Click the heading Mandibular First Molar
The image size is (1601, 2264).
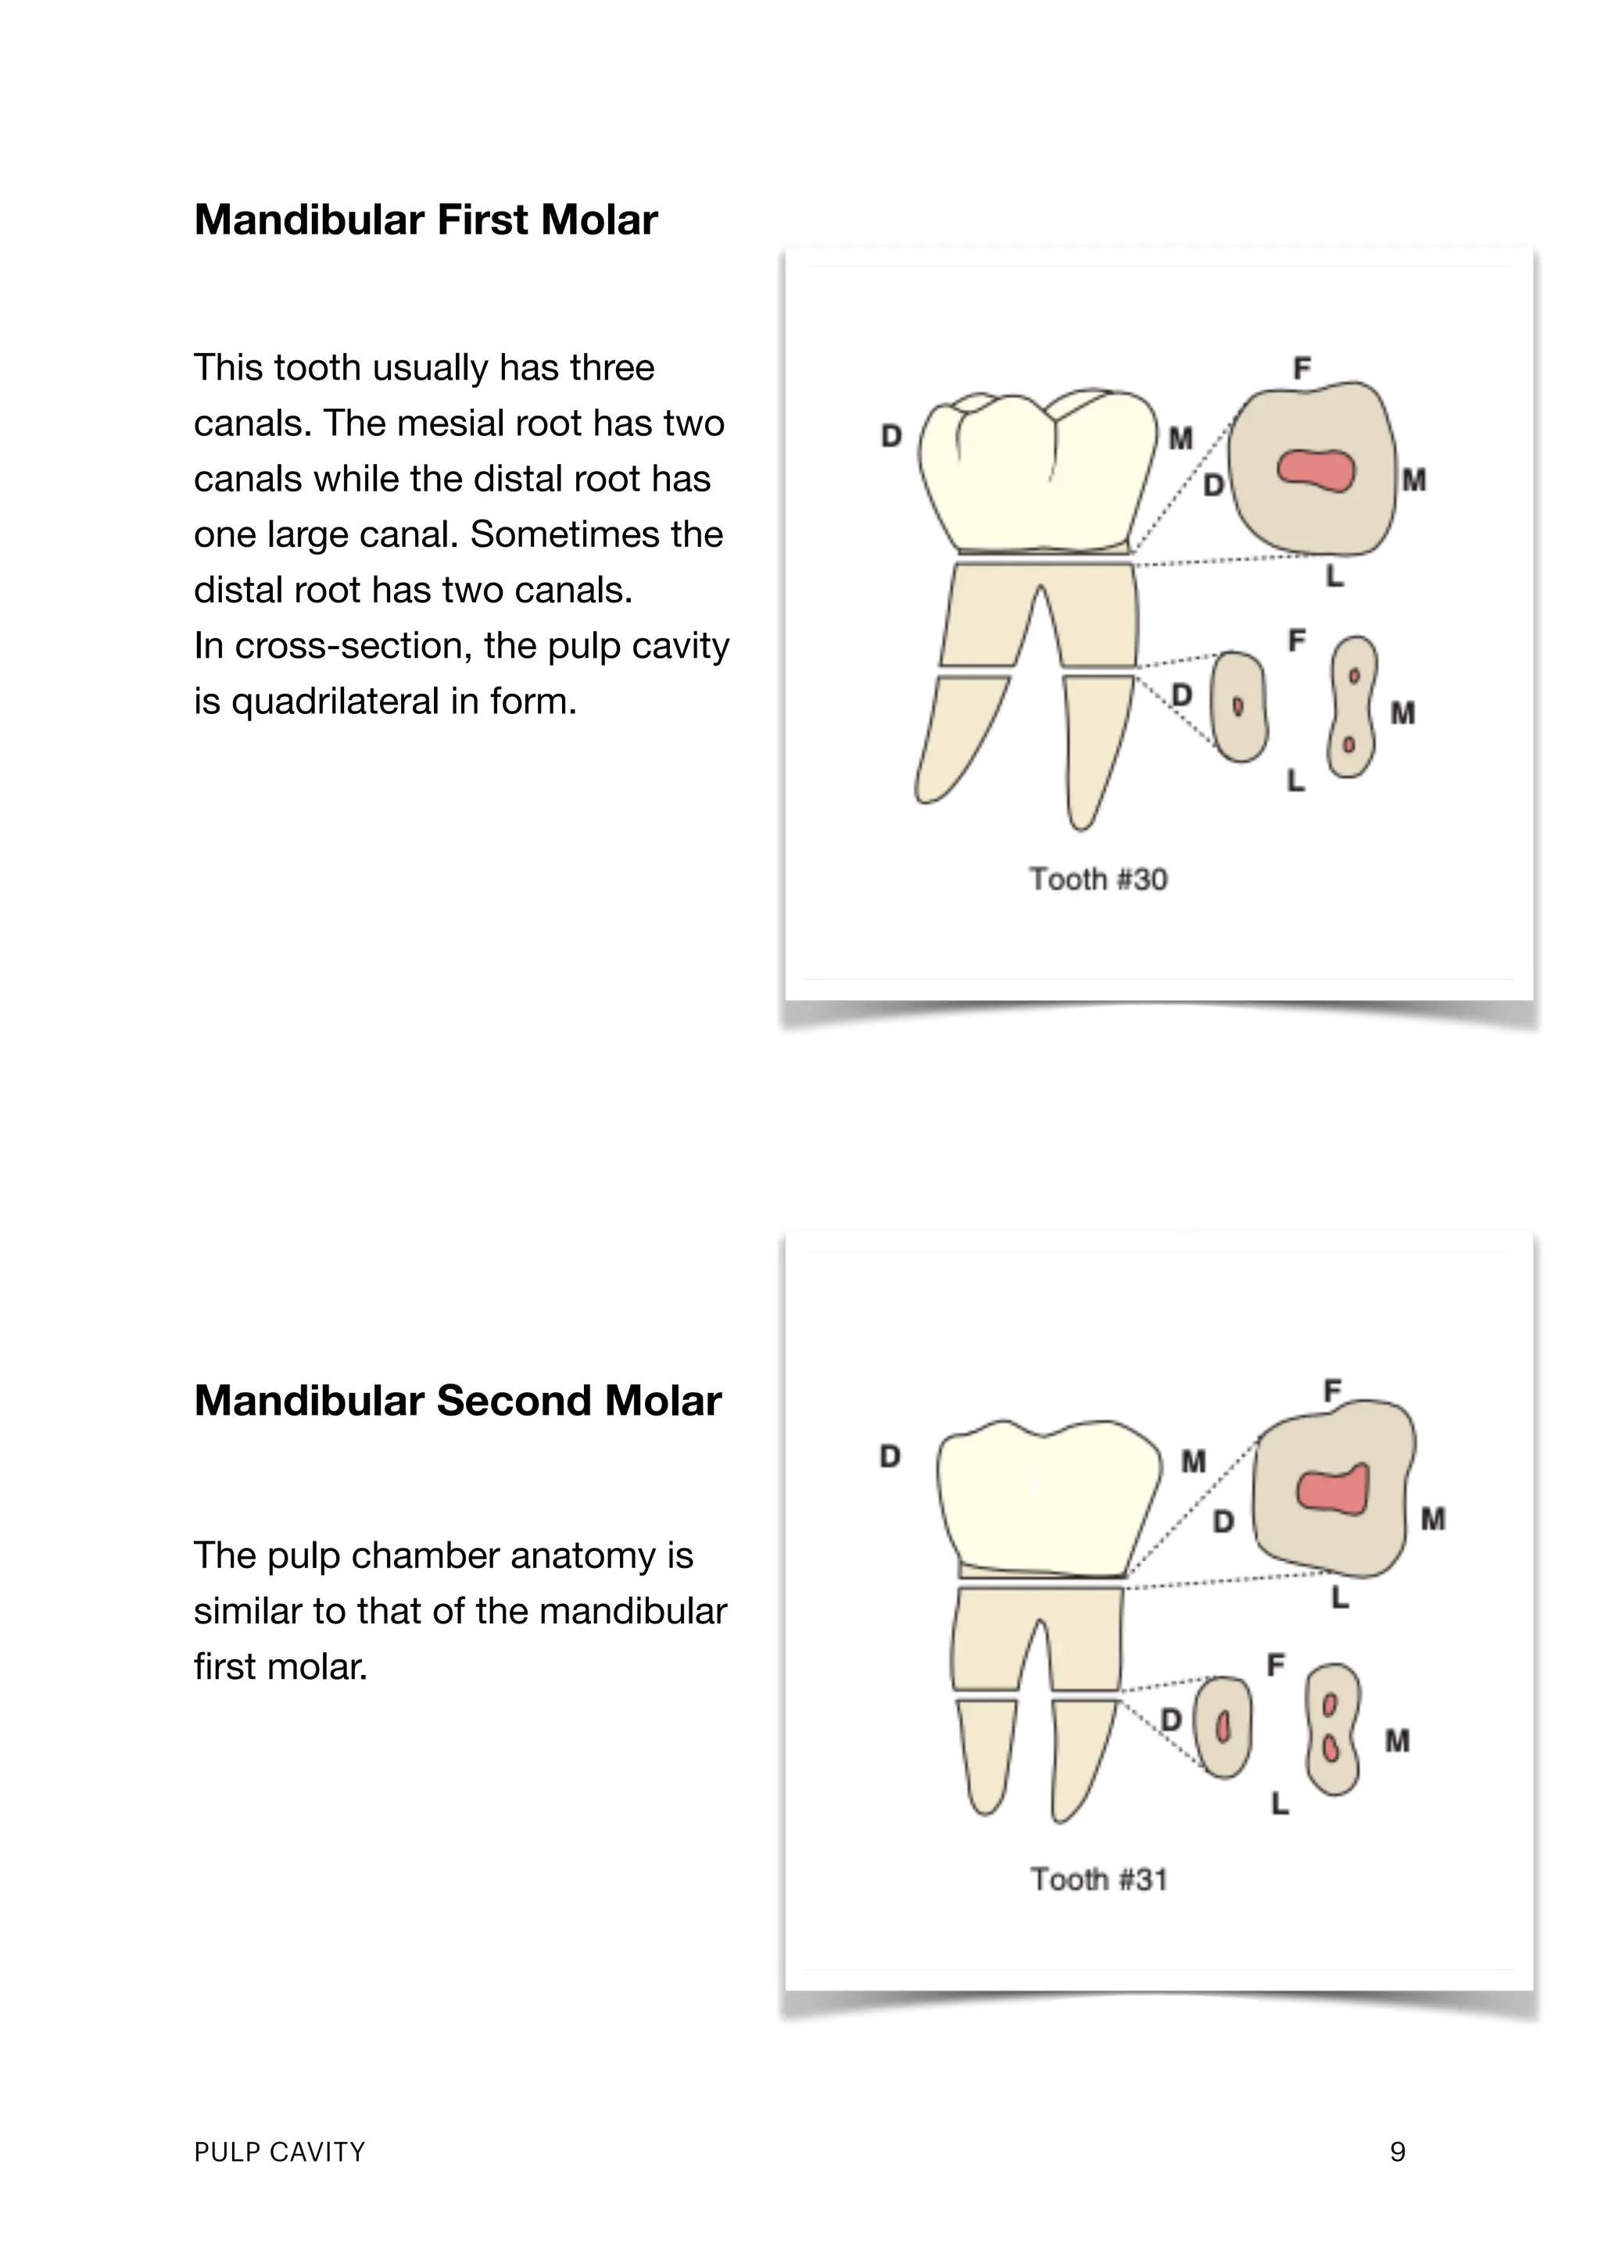[425, 220]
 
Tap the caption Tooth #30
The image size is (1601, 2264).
[1098, 880]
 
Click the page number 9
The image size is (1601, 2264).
[1397, 2152]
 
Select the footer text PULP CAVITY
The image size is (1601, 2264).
[279, 2152]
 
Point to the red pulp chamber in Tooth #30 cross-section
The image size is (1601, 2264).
[1316, 470]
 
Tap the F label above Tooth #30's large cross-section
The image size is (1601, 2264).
[1302, 369]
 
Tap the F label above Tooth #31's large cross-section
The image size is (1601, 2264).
[1332, 1391]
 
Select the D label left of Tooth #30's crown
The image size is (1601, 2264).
[890, 436]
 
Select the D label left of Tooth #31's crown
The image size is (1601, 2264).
[890, 1456]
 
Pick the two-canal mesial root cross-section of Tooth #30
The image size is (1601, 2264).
[1352, 707]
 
